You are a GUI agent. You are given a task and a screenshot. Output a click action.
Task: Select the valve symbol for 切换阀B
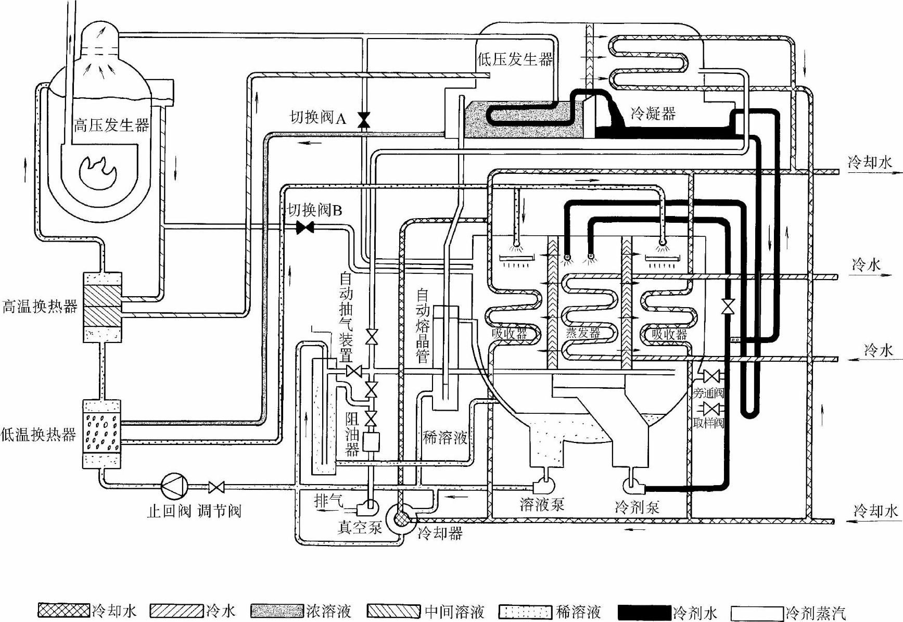point(304,227)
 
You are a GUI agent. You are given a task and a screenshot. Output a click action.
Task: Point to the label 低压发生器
point(515,59)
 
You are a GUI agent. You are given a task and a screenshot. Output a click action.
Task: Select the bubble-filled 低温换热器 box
point(103,434)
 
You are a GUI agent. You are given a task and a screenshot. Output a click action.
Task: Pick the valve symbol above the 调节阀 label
point(217,487)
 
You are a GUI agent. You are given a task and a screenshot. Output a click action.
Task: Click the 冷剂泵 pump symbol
point(634,486)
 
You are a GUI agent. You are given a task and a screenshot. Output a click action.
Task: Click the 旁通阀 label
point(708,393)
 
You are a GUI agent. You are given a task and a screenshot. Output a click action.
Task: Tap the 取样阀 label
point(708,423)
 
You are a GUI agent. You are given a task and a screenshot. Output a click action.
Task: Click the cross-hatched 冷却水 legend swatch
point(64,611)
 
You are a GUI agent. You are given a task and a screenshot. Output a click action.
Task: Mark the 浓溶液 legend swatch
point(276,611)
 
